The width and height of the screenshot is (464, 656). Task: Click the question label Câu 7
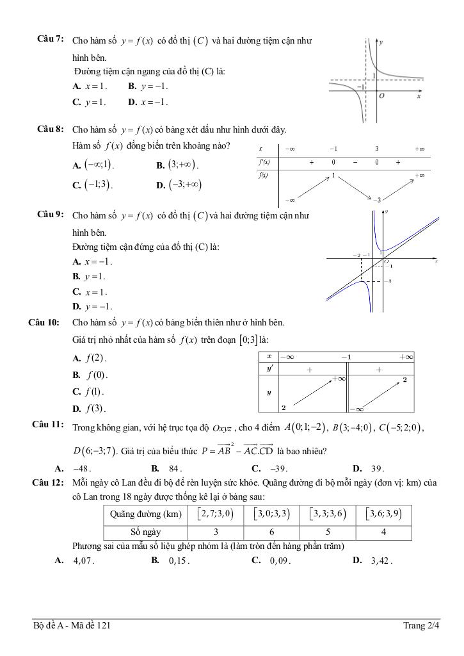tap(50, 40)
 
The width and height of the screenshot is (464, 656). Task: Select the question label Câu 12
tap(46, 482)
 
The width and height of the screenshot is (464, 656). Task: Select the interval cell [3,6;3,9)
tap(383, 514)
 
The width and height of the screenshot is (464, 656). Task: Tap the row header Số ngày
tap(145, 532)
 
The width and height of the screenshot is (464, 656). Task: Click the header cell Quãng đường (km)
tap(145, 514)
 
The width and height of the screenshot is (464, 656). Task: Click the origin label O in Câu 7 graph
tap(381, 95)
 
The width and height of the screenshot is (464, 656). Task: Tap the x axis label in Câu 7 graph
tap(419, 97)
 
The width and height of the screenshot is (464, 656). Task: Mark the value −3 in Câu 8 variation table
tap(377, 200)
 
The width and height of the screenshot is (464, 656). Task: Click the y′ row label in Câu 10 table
tap(269, 370)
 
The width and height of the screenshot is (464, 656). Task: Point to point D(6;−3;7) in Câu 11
tap(93, 451)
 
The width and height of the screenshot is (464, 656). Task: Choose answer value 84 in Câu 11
tap(176, 468)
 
